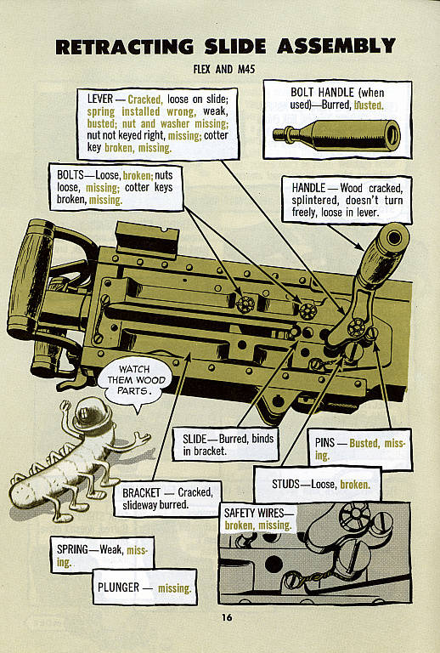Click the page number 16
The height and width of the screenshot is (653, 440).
pos(226,617)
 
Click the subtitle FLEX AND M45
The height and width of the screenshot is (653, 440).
pos(225,69)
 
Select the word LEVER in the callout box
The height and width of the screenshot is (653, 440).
pos(105,99)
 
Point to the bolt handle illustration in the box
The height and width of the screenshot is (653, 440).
pos(336,134)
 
